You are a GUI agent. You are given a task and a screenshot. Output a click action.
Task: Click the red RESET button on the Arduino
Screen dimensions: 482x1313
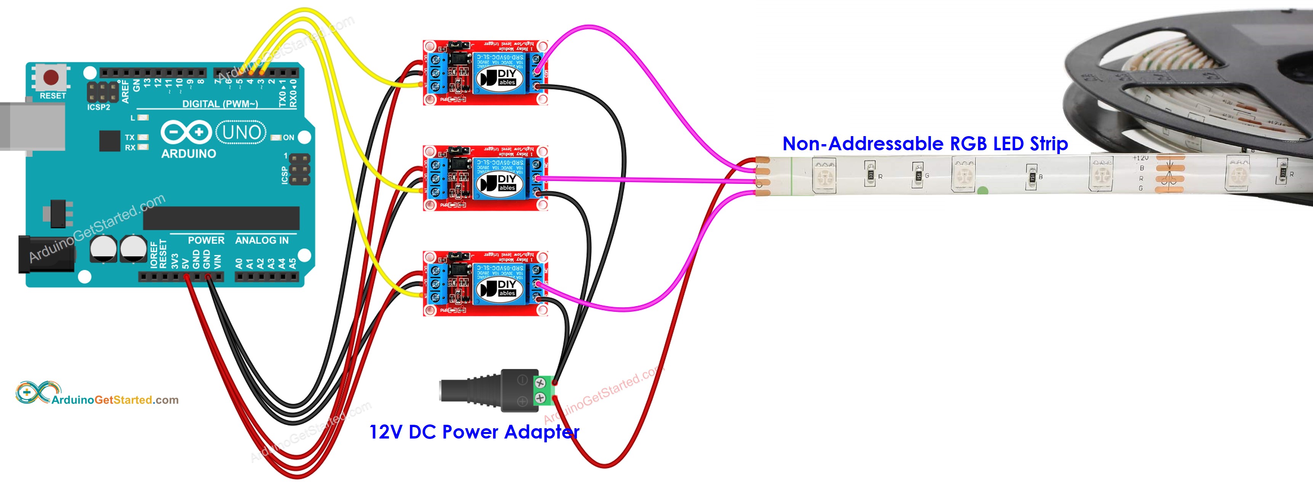51,77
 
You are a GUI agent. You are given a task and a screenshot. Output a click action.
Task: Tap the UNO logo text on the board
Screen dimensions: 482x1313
241,133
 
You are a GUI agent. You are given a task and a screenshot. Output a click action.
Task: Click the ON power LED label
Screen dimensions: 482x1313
288,138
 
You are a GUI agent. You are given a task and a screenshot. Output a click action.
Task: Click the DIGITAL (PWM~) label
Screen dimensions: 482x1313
220,104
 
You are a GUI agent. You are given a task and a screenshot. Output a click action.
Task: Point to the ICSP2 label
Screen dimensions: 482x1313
98,107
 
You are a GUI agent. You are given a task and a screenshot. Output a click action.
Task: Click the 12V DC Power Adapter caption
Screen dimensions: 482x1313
474,432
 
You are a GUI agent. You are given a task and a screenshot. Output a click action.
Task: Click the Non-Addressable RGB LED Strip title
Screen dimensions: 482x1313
925,144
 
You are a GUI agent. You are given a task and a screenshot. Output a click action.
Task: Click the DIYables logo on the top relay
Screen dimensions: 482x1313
498,77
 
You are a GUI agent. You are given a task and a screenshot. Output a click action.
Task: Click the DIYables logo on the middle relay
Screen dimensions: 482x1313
498,183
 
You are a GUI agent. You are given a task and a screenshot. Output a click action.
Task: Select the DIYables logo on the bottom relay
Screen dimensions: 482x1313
498,288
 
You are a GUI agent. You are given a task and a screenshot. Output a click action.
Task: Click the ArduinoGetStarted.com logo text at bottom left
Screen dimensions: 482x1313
115,400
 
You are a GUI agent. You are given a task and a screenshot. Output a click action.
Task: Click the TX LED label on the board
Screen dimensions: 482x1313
130,138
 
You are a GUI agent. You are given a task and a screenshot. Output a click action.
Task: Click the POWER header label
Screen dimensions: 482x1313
206,240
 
